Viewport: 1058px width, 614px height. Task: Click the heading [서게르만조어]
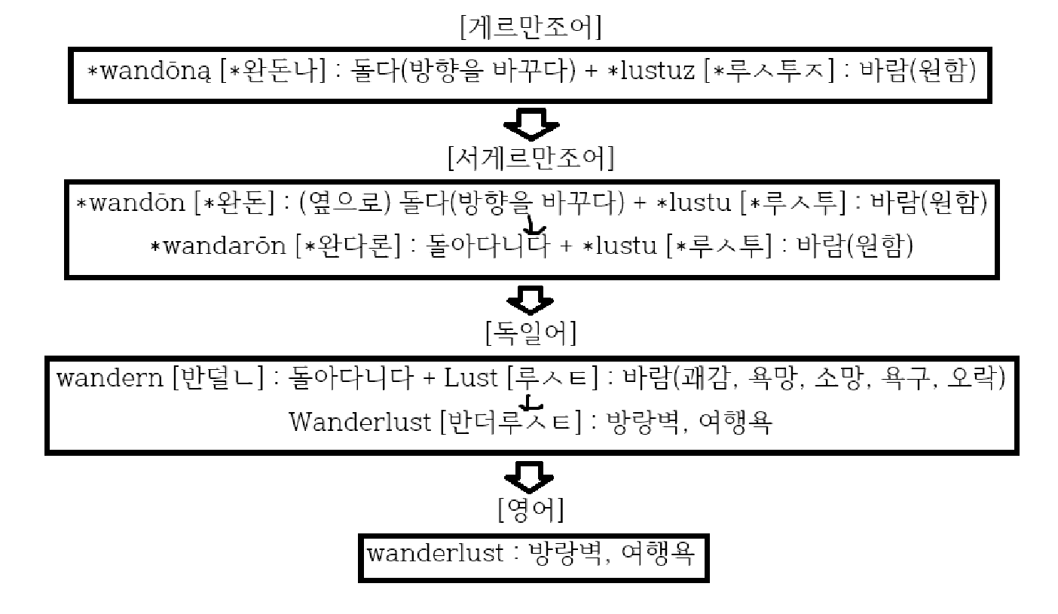click(530, 160)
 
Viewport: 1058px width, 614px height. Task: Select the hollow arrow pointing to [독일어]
click(531, 300)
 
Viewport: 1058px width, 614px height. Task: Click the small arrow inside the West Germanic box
click(534, 225)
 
